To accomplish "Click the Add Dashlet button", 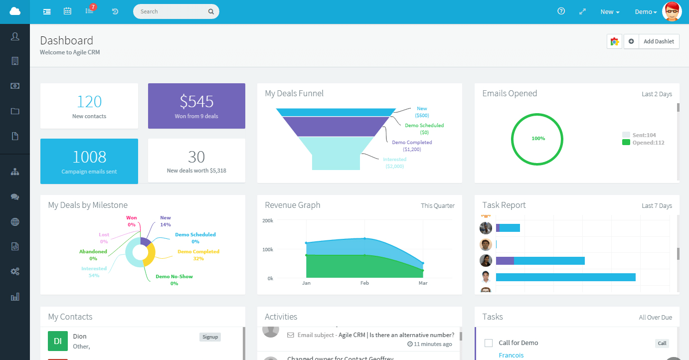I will pos(658,41).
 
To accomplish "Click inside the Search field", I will pos(172,11).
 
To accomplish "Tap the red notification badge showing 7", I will pos(93,7).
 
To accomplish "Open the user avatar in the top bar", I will pos(672,11).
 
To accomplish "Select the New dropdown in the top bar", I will pos(610,12).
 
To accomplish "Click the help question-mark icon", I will pos(561,11).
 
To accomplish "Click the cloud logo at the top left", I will pos(15,11).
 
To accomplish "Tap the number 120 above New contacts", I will pos(89,102).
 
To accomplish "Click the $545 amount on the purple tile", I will pos(196,102).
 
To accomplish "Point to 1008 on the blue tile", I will pos(89,157).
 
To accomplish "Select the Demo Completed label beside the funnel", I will pos(412,143).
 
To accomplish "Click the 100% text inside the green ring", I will pos(538,139).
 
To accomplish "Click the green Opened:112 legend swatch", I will pos(626,143).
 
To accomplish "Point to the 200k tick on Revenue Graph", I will pos(268,220).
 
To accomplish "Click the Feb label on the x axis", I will pos(364,283).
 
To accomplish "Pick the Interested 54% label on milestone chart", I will pos(94,272).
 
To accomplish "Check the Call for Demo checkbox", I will pos(489,343).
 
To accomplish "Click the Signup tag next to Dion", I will pos(210,337).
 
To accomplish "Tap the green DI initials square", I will pos(58,341).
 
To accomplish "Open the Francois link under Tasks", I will pos(511,355).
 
